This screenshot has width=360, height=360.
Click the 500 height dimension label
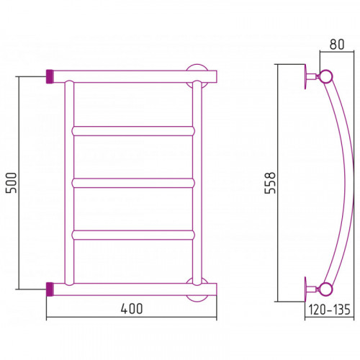pyautogui.click(x=12, y=183)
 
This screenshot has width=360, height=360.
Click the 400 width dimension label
pyautogui.click(x=132, y=309)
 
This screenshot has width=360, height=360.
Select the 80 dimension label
pyautogui.click(x=337, y=44)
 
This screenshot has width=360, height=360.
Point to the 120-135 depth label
pyautogui.click(x=329, y=310)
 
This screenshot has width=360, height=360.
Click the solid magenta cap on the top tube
pyautogui.click(x=50, y=76)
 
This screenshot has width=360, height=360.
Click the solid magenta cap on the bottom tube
pyautogui.click(x=50, y=289)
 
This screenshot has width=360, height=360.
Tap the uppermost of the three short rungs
pyautogui.click(x=133, y=131)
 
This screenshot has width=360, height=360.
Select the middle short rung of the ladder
pyautogui.click(x=133, y=183)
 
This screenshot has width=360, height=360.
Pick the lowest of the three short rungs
pyautogui.click(x=133, y=235)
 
